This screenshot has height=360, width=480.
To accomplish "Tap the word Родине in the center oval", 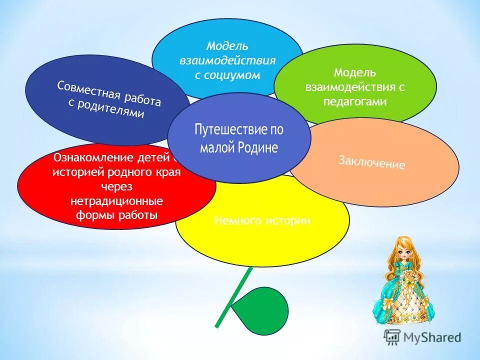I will coord(258,148).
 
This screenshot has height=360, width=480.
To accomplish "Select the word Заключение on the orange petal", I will coord(371,162).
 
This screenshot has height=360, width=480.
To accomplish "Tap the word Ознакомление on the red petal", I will coord(94,158).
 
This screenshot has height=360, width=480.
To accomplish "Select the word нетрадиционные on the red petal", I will coord(116,201).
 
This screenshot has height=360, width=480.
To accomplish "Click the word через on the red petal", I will coord(116,186).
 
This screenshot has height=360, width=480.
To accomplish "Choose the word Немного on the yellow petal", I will coord(235,220).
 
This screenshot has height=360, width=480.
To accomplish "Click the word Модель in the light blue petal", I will coord(227,46).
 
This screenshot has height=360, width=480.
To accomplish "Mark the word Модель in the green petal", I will coord(355,72).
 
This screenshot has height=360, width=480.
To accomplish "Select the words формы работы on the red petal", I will coord(116,215).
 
